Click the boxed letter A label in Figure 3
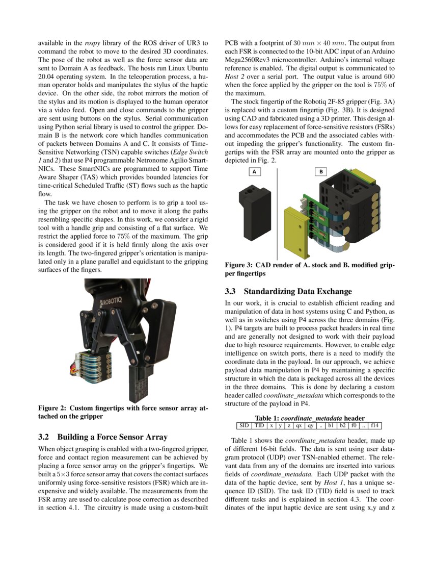click(254, 172)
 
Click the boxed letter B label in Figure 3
click(321, 172)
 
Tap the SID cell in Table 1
click(244, 425)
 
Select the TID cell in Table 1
click(260, 425)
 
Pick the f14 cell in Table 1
click(375, 425)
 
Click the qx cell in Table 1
click(299, 425)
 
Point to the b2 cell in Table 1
click(342, 425)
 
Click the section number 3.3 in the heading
click(231, 292)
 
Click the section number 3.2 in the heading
click(45, 437)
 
